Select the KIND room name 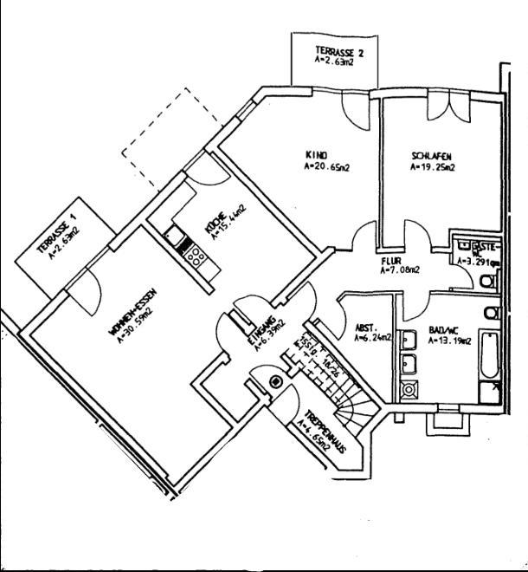pos(313,156)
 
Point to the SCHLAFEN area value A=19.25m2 pos(433,167)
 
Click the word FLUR pos(391,259)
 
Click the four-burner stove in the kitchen pos(195,255)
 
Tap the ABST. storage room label pos(364,328)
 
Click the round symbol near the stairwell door pos(276,381)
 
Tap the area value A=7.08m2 pos(399,270)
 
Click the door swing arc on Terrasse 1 pos(85,292)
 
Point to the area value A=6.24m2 pos(371,340)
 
